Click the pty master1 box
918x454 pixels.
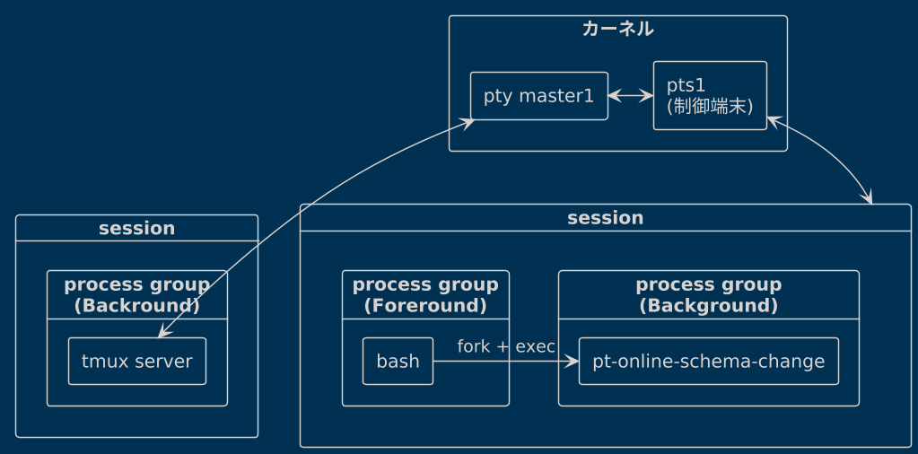(x=538, y=96)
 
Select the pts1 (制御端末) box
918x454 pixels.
(x=710, y=95)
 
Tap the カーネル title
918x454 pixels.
(x=617, y=29)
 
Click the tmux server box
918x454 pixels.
(x=137, y=361)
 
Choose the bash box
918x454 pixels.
(x=398, y=361)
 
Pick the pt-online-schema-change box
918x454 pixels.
(x=708, y=361)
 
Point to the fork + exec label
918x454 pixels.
(x=506, y=347)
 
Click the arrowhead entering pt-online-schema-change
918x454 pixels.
(x=572, y=361)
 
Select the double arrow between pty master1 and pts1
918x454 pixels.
(x=631, y=95)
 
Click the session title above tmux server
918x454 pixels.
(x=136, y=228)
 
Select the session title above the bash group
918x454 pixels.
(x=606, y=218)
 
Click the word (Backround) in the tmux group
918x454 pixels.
(x=137, y=305)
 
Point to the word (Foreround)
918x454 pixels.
(x=425, y=305)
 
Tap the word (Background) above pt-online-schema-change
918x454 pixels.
(x=708, y=305)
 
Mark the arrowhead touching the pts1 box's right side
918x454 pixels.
(x=774, y=121)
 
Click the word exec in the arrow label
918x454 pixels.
(x=535, y=347)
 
